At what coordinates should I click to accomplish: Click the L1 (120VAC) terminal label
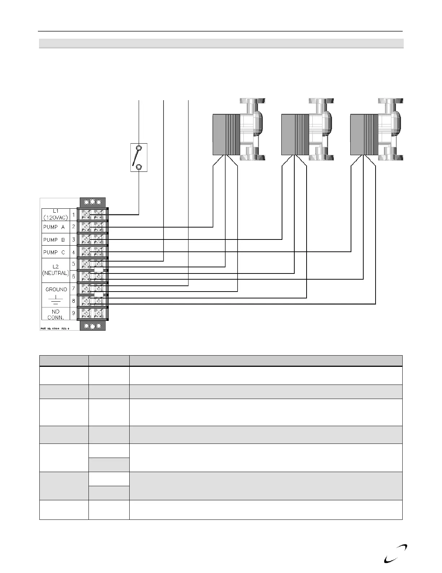point(56,215)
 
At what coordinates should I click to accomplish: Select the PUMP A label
point(54,227)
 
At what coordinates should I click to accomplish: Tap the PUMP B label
point(54,240)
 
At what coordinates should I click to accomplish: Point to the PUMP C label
point(54,252)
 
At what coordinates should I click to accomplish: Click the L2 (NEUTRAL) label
point(56,270)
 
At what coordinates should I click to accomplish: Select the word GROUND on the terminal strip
point(56,289)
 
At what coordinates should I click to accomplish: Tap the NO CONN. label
point(56,314)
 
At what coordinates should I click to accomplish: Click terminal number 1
point(74,215)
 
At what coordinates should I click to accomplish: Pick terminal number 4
point(74,252)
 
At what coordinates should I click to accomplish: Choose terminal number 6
point(74,276)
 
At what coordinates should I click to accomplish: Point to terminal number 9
point(74,313)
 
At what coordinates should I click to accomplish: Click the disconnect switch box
point(139,157)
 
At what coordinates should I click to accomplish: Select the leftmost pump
point(238,130)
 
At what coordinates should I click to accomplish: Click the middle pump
point(307,130)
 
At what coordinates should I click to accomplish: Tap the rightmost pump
point(376,130)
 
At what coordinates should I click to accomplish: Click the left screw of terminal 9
point(87,313)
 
